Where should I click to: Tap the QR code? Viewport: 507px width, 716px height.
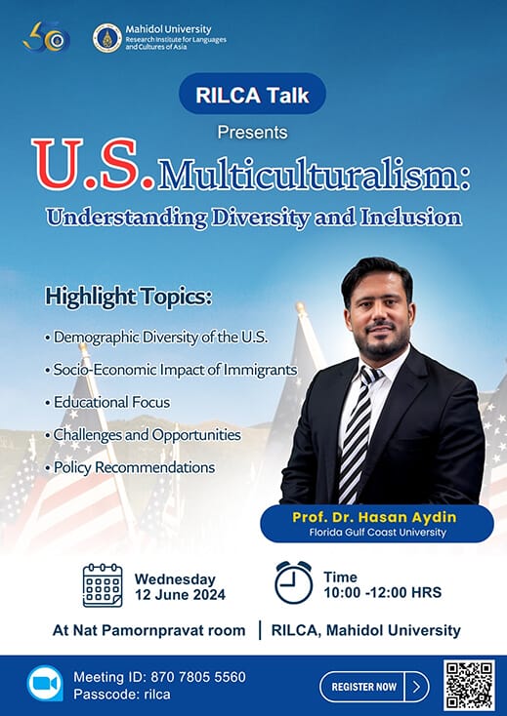click(469, 685)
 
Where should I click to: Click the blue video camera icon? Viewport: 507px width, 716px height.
click(44, 685)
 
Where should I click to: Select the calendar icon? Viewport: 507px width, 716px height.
click(103, 585)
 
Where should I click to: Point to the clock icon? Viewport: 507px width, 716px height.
click(293, 583)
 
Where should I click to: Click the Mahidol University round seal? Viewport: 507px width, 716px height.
click(106, 38)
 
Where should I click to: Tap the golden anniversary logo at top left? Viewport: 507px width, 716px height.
click(46, 38)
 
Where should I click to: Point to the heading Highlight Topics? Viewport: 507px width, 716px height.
click(127, 297)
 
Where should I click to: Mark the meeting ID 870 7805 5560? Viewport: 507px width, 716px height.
click(160, 677)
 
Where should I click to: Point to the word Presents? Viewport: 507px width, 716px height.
click(253, 131)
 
